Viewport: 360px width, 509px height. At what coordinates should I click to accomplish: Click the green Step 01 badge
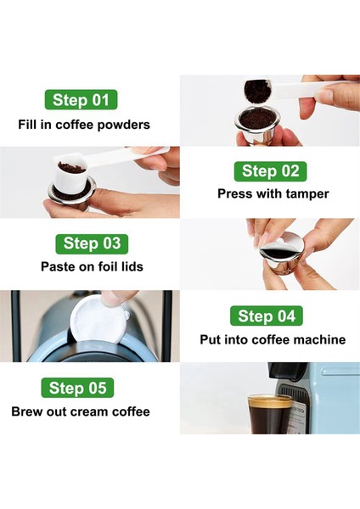click(x=81, y=99)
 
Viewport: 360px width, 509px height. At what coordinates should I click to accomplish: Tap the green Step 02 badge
click(x=269, y=171)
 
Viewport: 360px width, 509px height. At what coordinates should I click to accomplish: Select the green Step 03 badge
click(x=92, y=243)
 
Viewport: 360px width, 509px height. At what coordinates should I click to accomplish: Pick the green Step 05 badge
click(x=77, y=389)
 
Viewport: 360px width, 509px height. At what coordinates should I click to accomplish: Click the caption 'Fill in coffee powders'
click(x=84, y=125)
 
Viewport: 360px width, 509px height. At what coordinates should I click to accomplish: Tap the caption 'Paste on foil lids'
click(x=92, y=266)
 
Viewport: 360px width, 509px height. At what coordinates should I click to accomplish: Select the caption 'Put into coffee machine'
click(x=273, y=339)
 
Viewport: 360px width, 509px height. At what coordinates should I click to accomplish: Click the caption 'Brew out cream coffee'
click(x=81, y=411)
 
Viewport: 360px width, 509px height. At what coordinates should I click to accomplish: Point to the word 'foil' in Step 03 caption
click(x=105, y=266)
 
